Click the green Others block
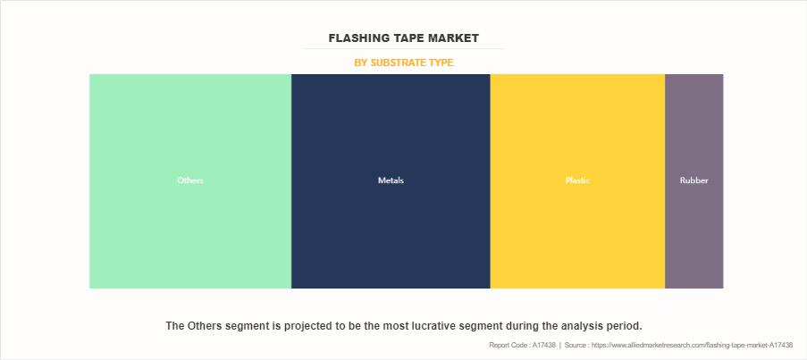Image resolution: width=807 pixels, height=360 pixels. pos(190,181)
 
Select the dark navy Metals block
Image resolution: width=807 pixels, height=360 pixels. pos(391,181)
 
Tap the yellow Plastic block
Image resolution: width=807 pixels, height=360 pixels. pos(577,181)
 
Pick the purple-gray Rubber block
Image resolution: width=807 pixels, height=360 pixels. pos(694,181)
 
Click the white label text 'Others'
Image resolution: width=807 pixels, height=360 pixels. pos(190,180)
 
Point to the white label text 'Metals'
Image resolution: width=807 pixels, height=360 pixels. pos(391,180)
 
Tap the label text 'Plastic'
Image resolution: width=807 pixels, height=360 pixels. pos(577,180)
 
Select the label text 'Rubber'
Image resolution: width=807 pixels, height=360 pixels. pos(694,180)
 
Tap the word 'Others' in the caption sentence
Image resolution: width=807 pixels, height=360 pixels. pos(205,326)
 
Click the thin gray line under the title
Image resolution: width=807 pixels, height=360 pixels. pos(404,49)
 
